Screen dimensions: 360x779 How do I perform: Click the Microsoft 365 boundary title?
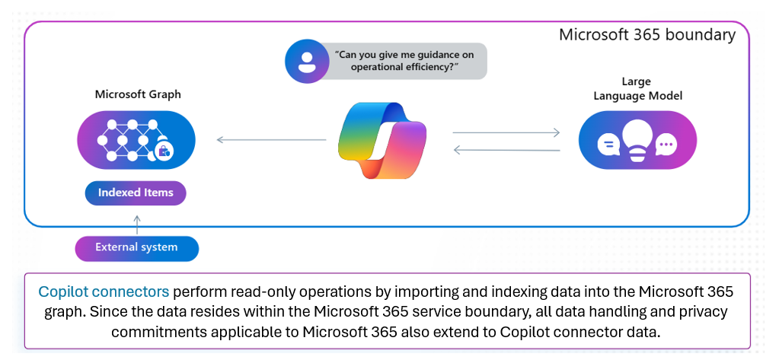[647, 35]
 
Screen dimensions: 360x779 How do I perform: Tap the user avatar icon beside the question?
[305, 62]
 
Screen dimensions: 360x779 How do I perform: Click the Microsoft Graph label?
[138, 94]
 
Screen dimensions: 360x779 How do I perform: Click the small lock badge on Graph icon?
[163, 151]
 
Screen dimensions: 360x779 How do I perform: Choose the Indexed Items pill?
[136, 193]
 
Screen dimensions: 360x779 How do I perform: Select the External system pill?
[136, 247]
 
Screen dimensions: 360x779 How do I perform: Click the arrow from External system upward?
[137, 224]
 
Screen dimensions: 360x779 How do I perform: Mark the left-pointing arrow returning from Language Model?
[506, 150]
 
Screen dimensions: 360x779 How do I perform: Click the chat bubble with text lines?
[607, 143]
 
